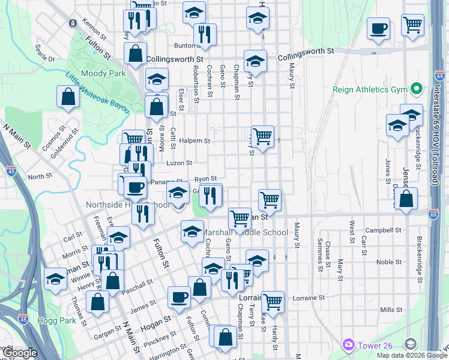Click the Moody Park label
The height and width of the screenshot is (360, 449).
click(x=103, y=73)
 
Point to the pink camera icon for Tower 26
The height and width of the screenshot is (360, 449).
click(x=348, y=344)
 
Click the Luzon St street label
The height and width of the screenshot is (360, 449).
click(x=179, y=163)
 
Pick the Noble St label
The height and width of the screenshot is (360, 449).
click(x=389, y=262)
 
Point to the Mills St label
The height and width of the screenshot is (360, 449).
click(x=391, y=310)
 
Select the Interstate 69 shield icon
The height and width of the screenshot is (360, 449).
click(x=435, y=213)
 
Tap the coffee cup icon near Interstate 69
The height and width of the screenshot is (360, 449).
click(x=378, y=29)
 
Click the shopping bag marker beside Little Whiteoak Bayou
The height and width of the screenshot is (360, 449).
click(x=68, y=97)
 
